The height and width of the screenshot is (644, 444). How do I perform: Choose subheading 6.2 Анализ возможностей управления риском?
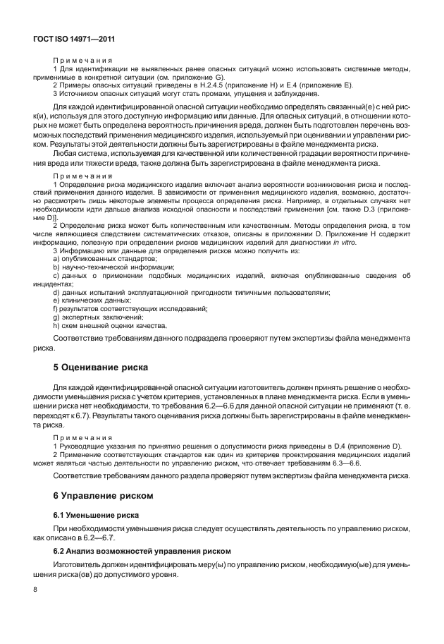tap(138, 549)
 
